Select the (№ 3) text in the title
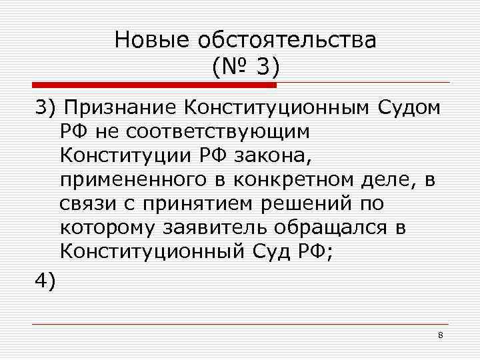[245, 67]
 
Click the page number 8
[441, 334]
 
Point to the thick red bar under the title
[154, 85]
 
